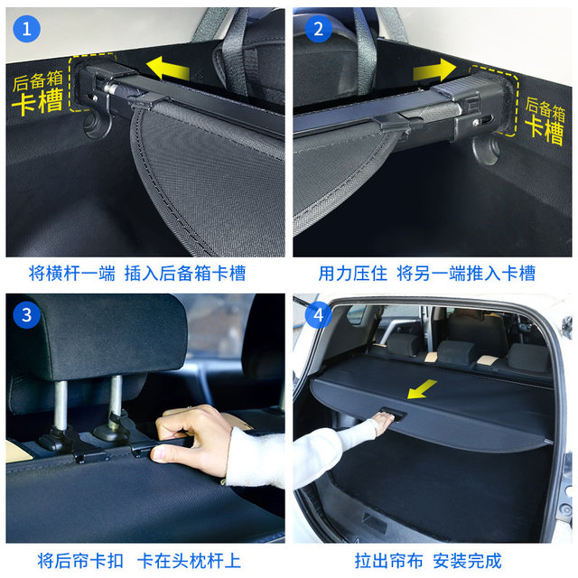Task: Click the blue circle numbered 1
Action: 26,28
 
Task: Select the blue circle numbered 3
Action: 26,315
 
